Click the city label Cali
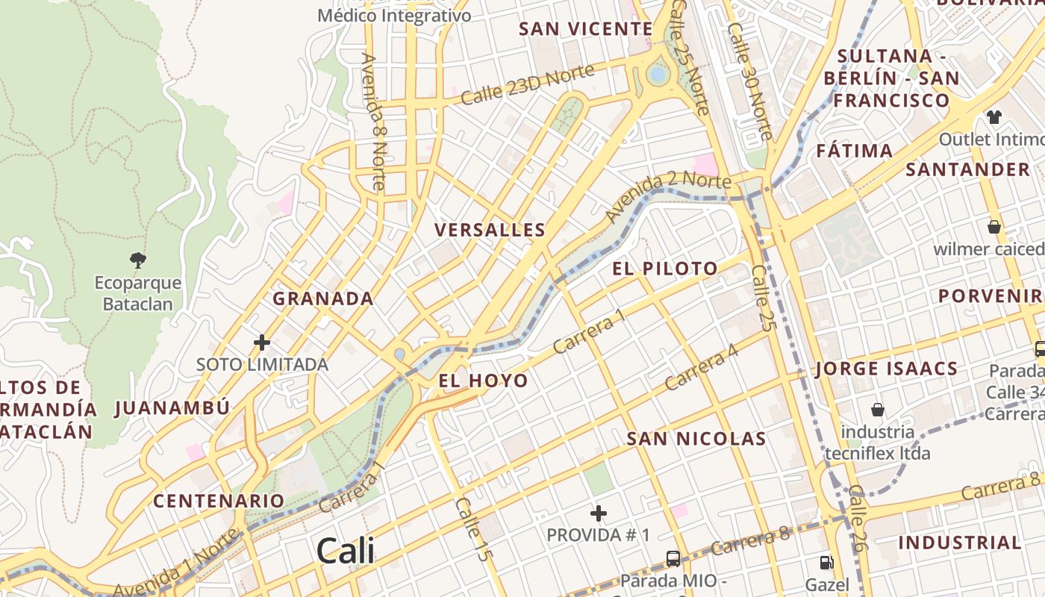(x=345, y=551)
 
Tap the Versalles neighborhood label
(x=490, y=230)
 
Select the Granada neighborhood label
(x=322, y=298)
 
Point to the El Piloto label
(x=665, y=269)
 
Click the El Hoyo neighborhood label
(x=483, y=381)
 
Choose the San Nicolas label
(x=696, y=439)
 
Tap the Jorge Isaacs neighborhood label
(x=887, y=369)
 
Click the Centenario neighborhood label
(x=219, y=501)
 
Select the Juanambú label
(x=172, y=408)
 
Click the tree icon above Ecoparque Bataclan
(x=137, y=260)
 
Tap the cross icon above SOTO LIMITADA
(x=261, y=343)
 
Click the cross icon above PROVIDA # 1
(x=598, y=513)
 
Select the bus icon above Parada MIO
(x=673, y=558)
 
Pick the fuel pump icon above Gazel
(x=826, y=563)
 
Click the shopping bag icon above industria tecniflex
(x=878, y=410)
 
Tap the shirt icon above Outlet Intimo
(x=993, y=117)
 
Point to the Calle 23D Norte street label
(x=527, y=84)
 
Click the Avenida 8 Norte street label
(x=372, y=121)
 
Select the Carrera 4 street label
(x=701, y=369)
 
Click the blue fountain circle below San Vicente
(x=658, y=74)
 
